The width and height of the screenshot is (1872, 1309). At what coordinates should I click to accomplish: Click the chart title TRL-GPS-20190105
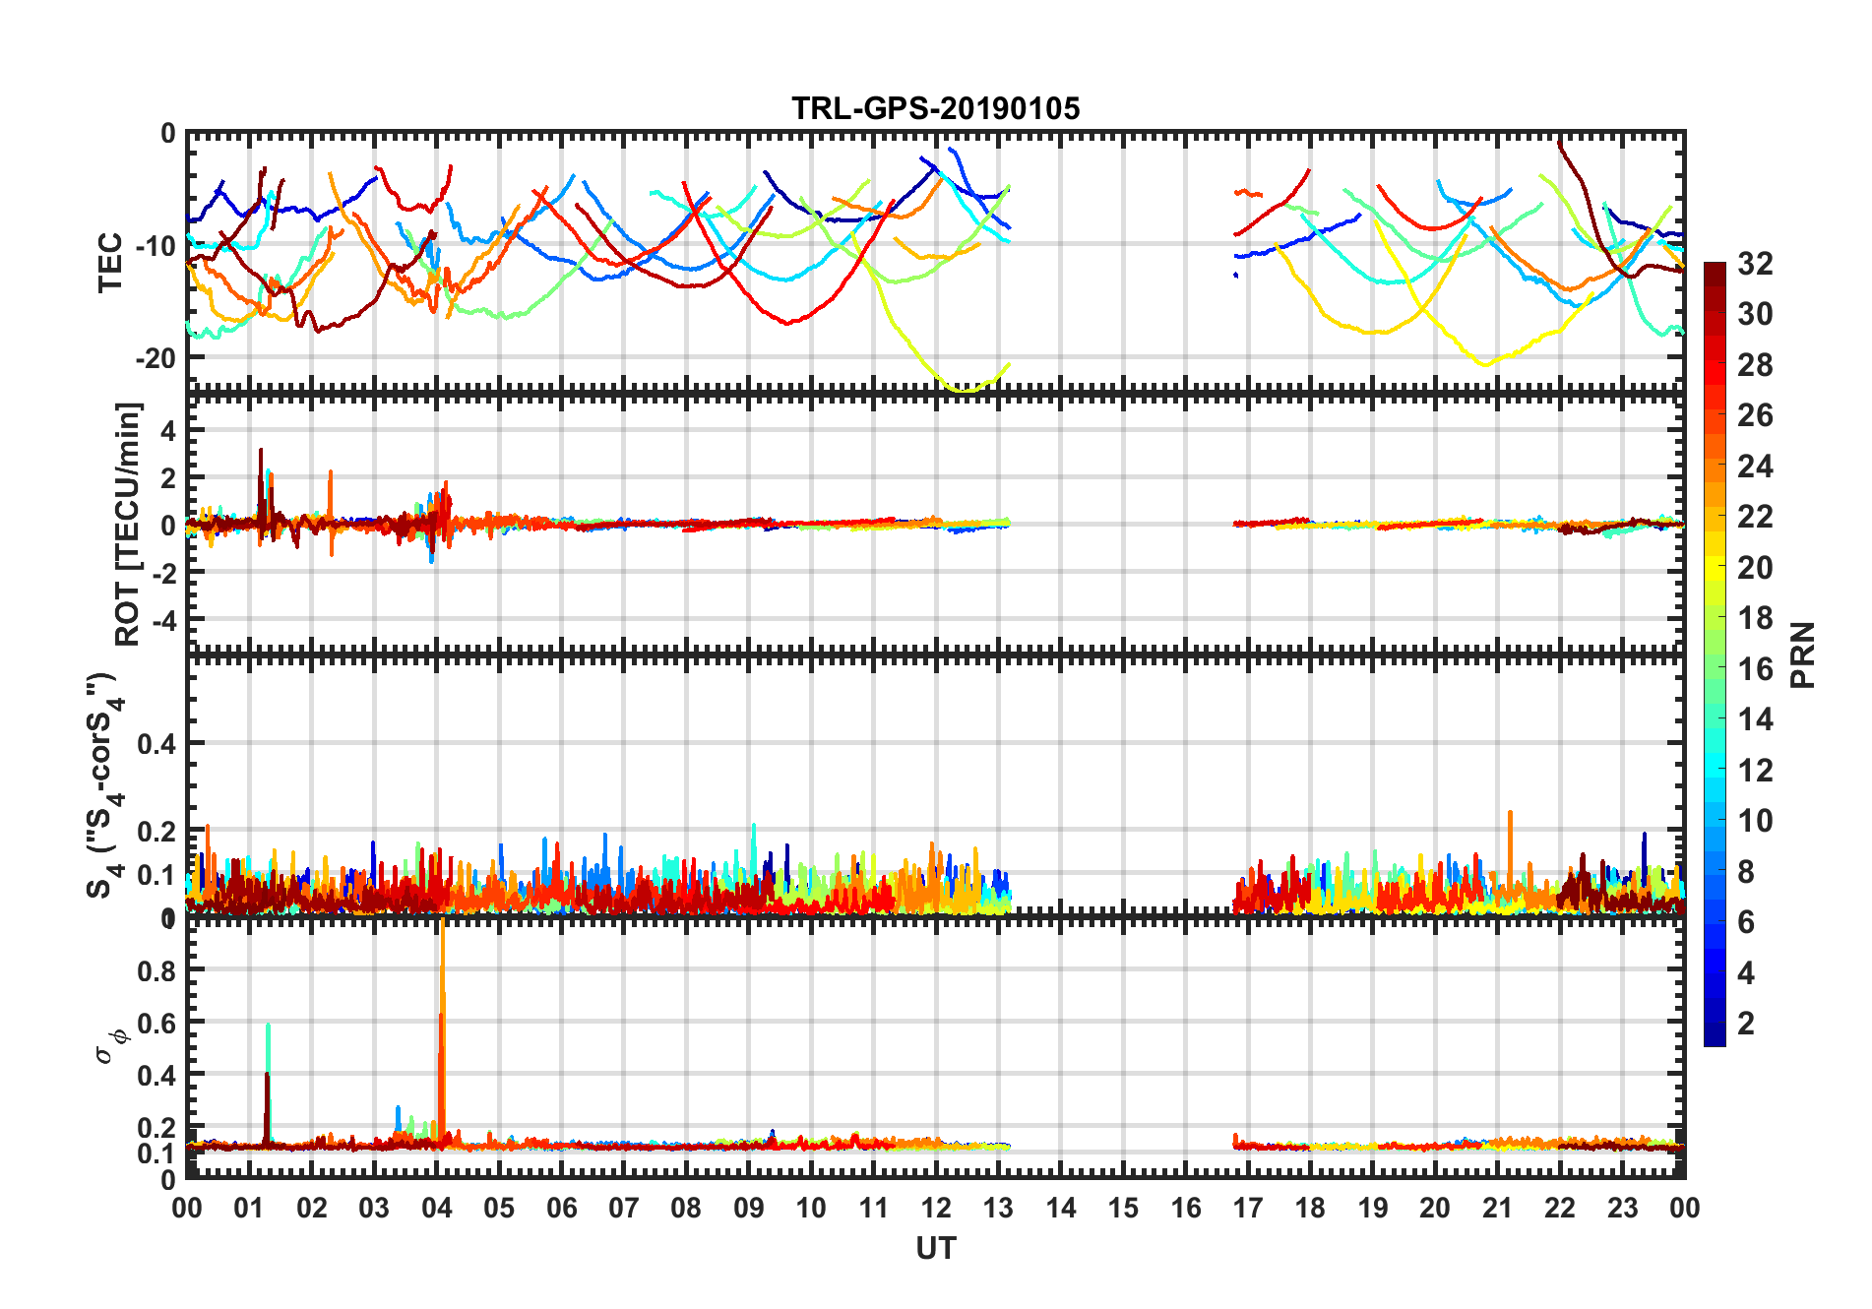pos(935,108)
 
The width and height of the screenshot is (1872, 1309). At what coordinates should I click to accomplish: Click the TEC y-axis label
pos(110,262)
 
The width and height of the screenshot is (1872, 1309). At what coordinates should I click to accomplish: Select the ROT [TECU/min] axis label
pos(128,524)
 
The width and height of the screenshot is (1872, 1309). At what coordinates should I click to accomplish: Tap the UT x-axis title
pos(935,1249)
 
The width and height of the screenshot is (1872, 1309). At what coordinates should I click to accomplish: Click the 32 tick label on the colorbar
pos(1755,264)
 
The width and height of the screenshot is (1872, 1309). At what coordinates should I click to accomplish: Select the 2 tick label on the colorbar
pos(1746,1024)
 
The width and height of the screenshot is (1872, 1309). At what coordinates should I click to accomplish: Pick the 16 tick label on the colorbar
pos(1755,669)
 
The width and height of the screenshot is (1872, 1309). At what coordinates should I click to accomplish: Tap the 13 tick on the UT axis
pos(998,1209)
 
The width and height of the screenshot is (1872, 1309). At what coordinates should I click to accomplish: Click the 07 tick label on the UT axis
pos(624,1209)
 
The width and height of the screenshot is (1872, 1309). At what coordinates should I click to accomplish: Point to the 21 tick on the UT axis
pos(1497,1209)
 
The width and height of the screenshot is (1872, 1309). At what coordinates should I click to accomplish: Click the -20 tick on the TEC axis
pos(156,358)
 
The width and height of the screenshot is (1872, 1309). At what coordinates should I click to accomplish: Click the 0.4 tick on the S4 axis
pos(157,744)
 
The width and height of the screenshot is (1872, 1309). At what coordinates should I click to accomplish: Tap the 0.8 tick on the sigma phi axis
pos(157,970)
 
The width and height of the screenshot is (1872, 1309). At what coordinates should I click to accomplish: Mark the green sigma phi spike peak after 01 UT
pos(268,1027)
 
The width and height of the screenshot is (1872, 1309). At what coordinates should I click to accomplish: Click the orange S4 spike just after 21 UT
pos(1510,815)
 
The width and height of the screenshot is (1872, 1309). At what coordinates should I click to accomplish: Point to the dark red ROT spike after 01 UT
pos(261,451)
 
